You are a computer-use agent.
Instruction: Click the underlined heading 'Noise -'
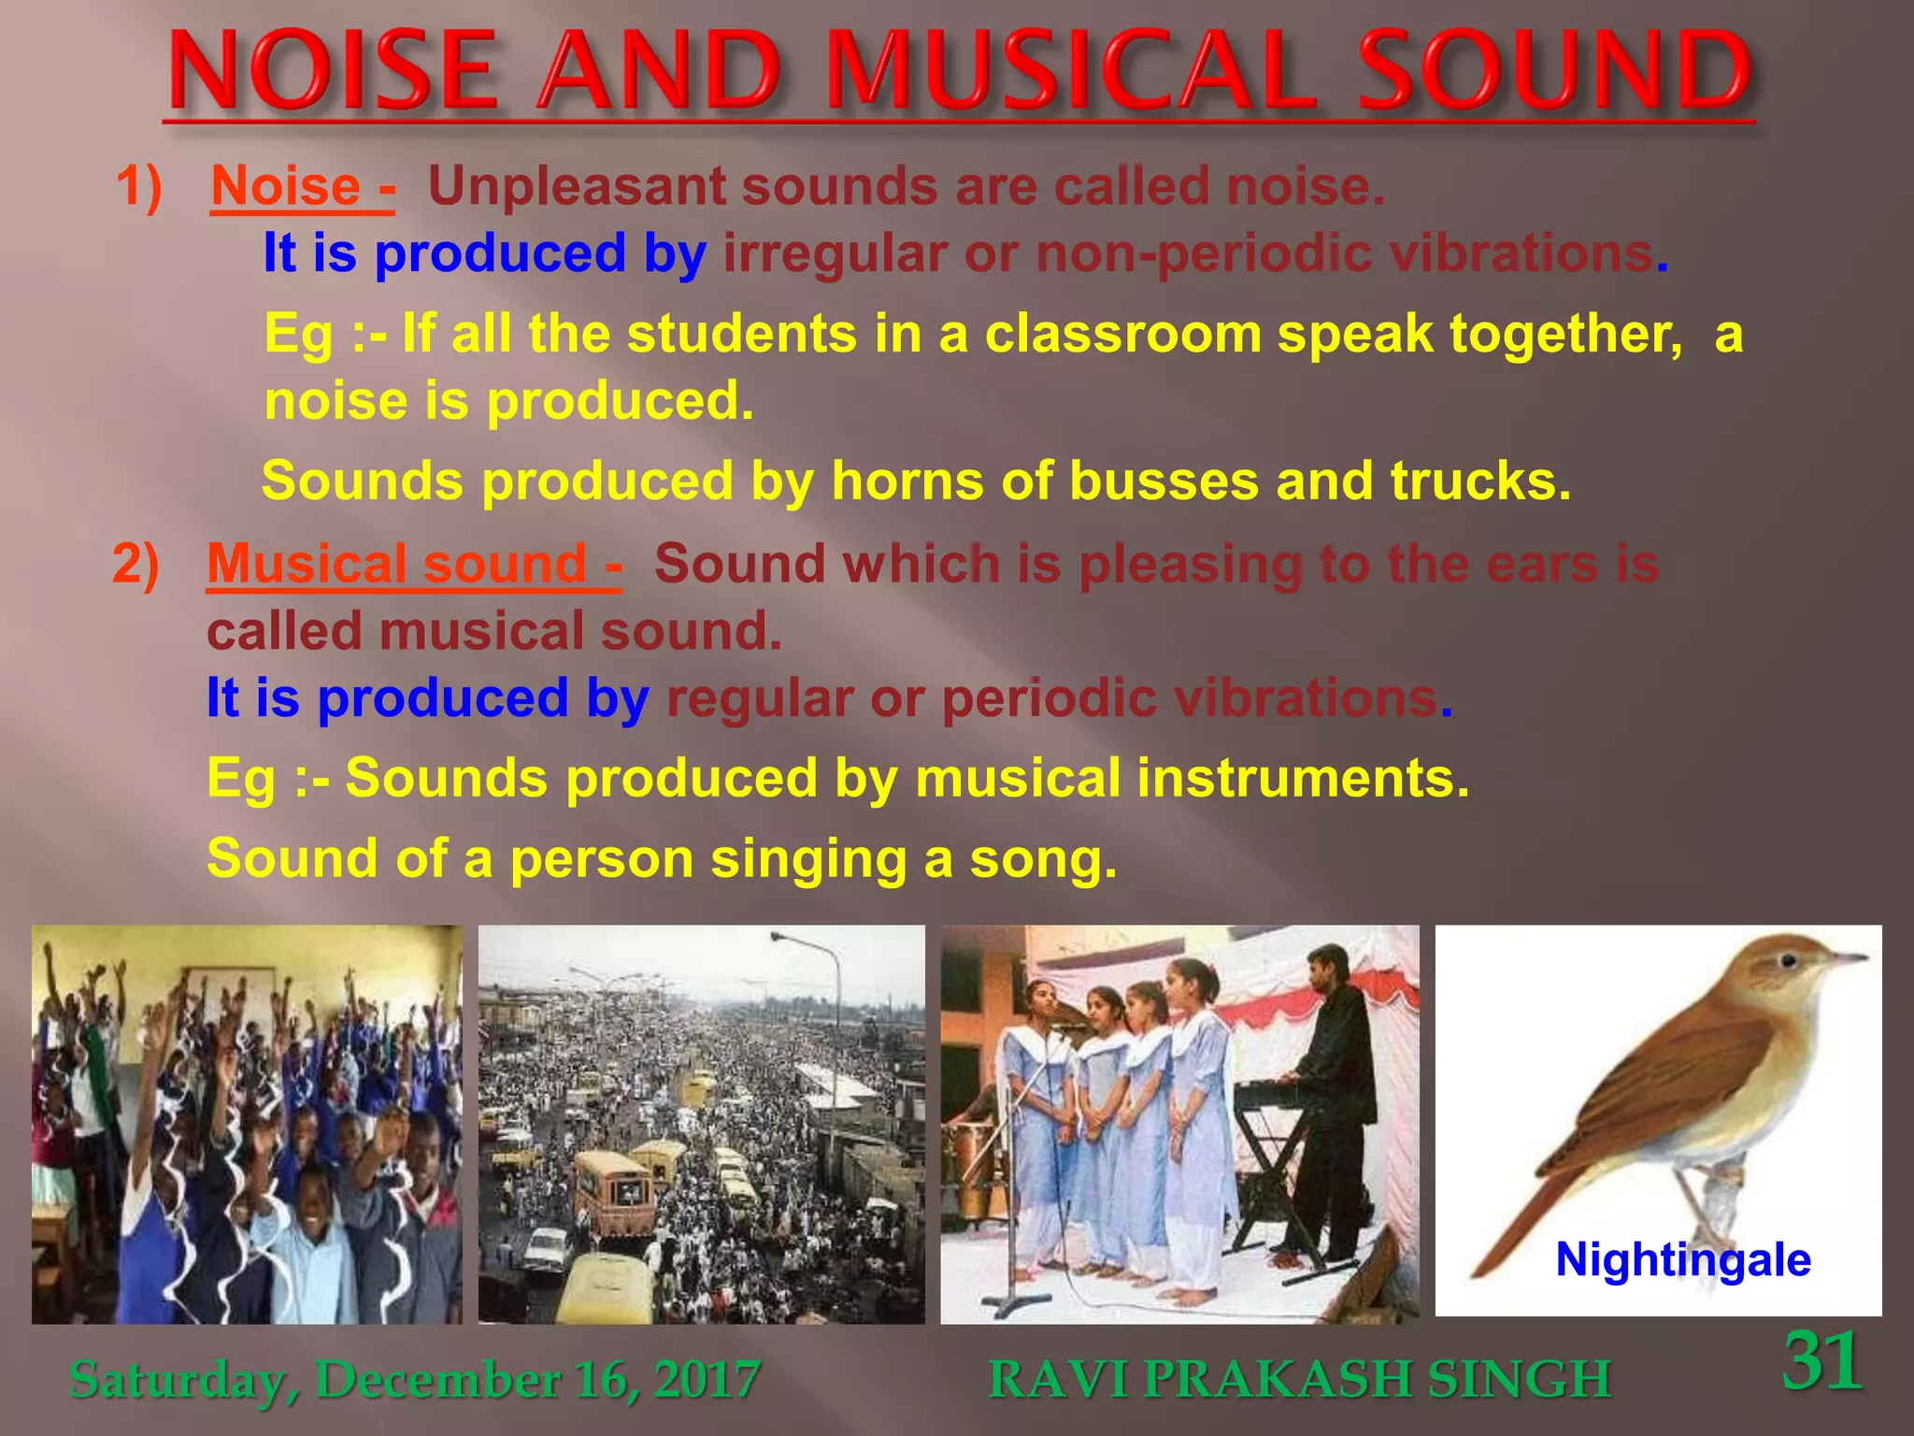[302, 186]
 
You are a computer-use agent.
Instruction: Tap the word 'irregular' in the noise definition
[835, 253]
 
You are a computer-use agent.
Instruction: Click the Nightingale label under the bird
[1682, 1259]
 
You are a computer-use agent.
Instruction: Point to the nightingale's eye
[1788, 961]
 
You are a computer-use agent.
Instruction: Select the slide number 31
[1822, 1361]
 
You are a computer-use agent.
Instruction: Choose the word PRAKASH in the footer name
[1278, 1380]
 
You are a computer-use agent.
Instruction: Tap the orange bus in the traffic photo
[612, 1192]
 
